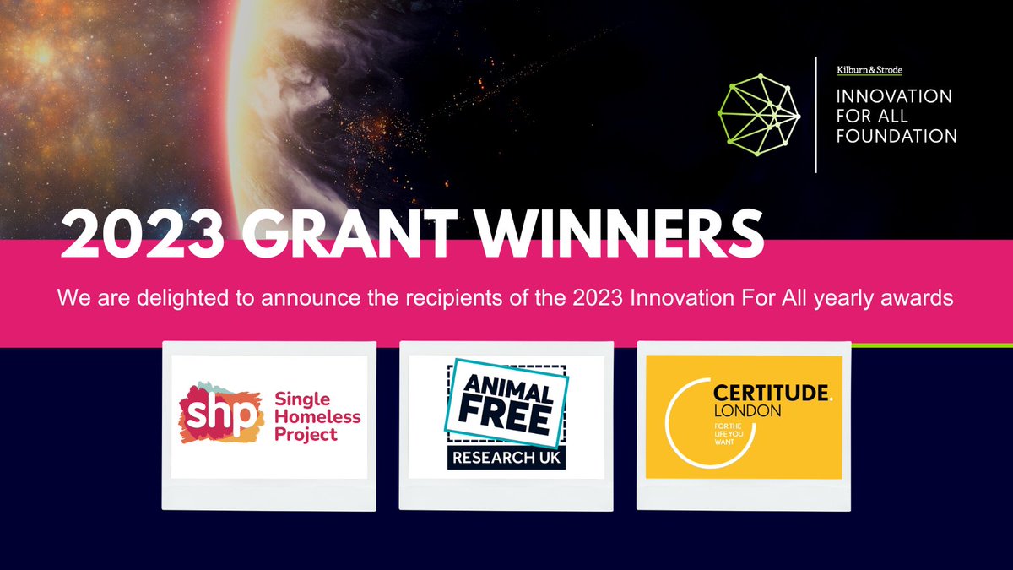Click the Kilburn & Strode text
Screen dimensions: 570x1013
[869, 70]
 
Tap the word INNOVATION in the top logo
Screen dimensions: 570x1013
[894, 96]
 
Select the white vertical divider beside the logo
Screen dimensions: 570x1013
[815, 115]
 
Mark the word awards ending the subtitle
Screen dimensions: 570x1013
[919, 298]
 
